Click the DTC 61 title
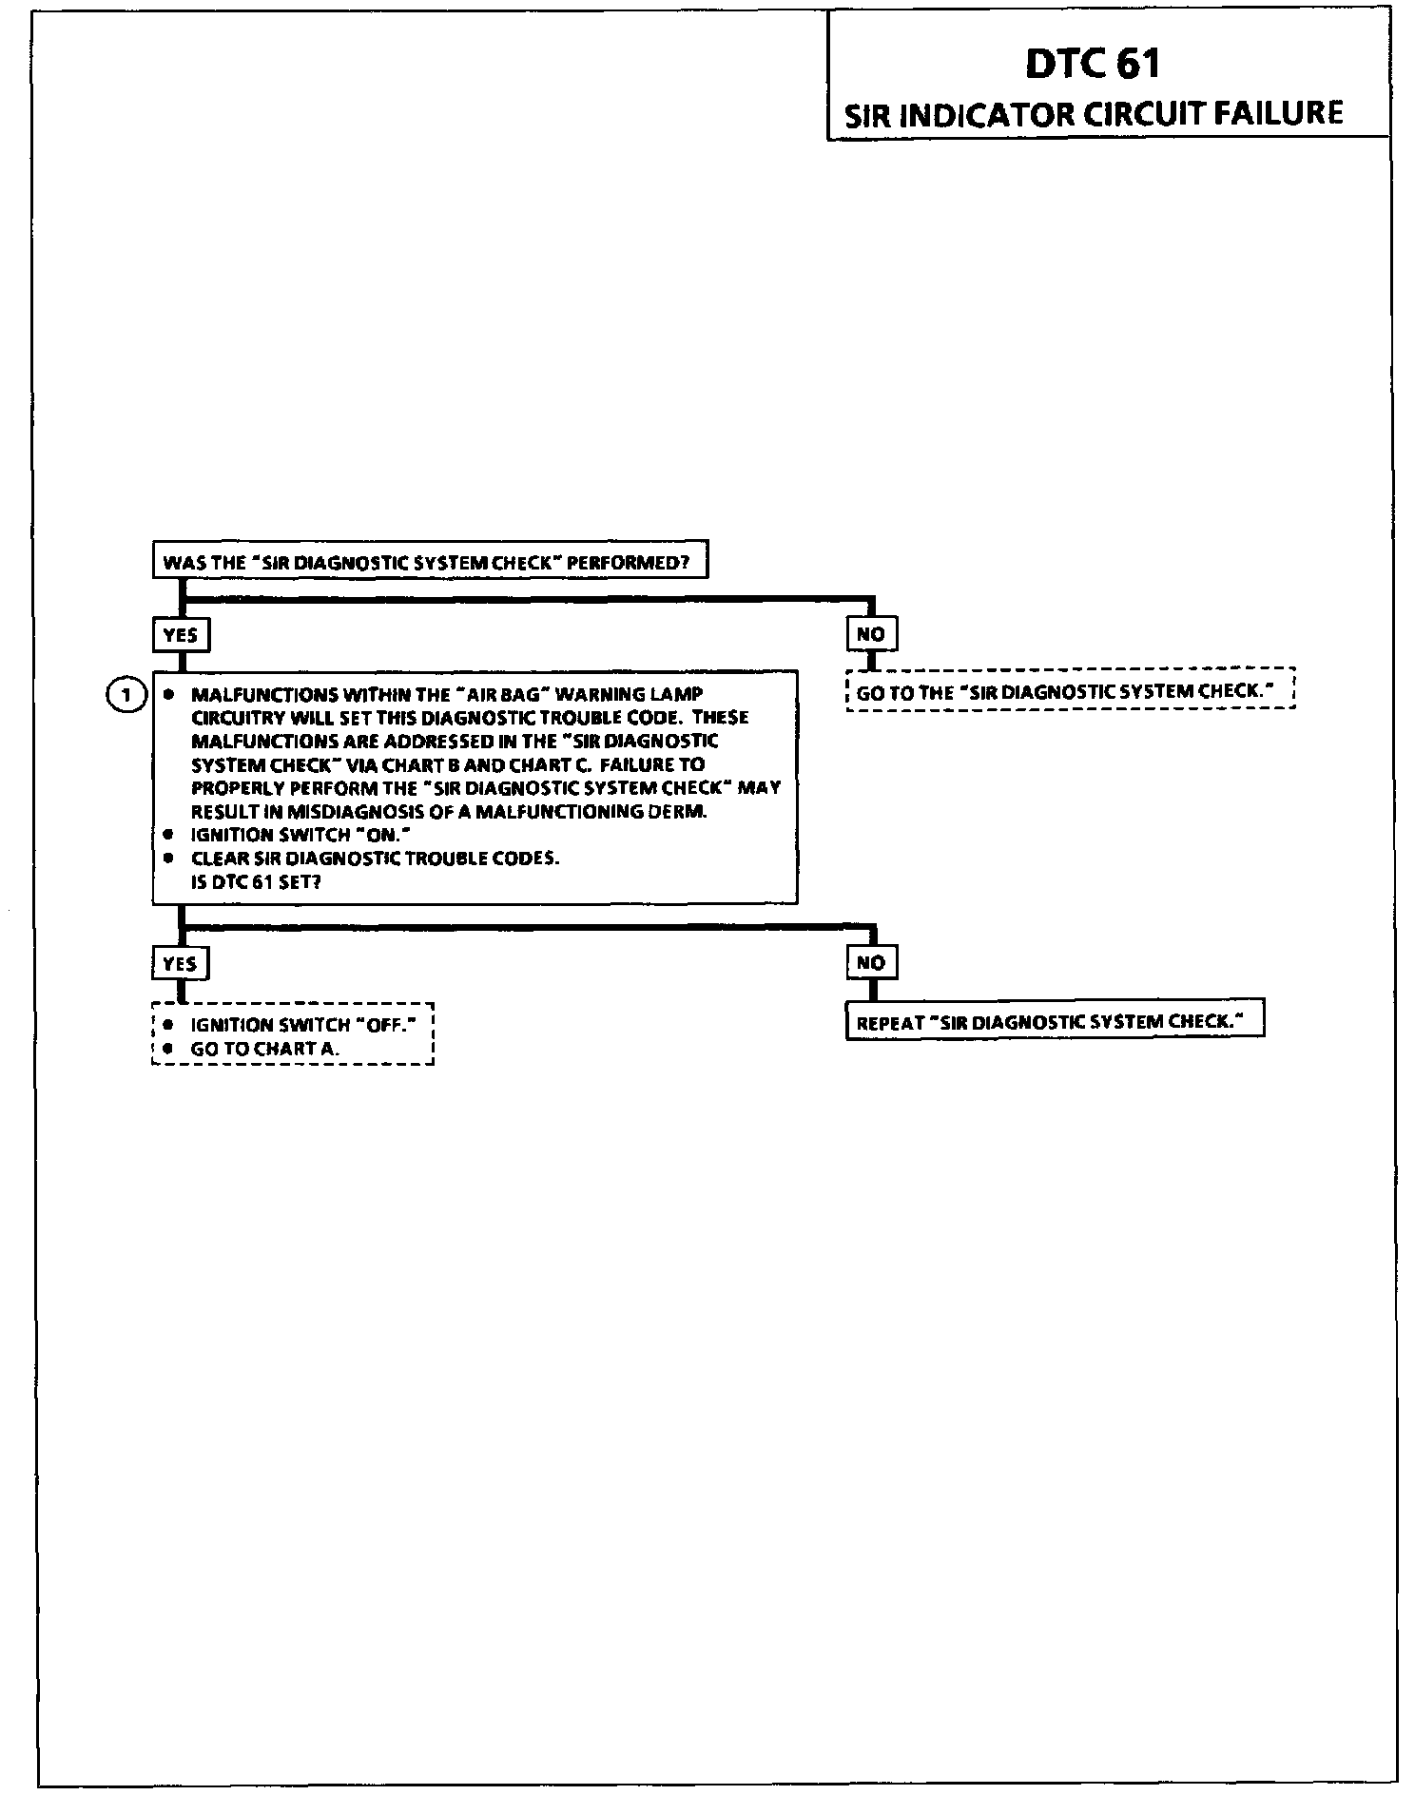pos(1093,64)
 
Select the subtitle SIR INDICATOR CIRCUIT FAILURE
pos(1094,114)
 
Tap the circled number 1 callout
pos(126,695)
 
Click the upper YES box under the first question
pos(181,634)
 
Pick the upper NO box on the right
pos(871,633)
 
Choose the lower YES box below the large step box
pos(180,963)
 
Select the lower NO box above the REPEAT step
pos(871,962)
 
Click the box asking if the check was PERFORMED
pos(430,561)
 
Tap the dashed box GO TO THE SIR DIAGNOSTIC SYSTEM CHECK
pos(1070,691)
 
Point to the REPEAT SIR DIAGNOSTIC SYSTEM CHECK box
pos(1055,1022)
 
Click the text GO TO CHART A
pos(264,1049)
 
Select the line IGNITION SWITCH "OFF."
pos(303,1025)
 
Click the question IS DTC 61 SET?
pos(256,881)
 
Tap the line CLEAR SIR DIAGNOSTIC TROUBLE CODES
pos(375,858)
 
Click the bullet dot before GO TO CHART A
pos(168,1049)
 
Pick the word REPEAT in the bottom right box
pos(890,1023)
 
